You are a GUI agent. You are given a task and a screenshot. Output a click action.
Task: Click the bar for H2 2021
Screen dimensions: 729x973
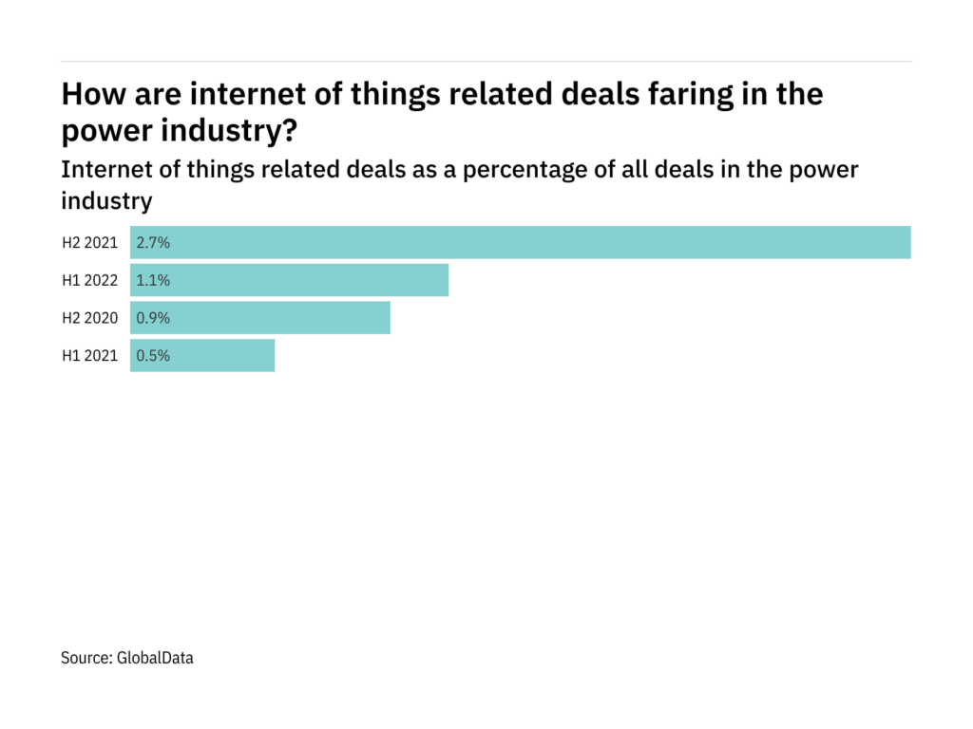tap(521, 242)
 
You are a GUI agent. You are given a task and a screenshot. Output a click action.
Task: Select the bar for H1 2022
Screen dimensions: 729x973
tap(289, 280)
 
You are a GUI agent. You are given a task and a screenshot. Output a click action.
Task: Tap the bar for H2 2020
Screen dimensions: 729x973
tap(260, 318)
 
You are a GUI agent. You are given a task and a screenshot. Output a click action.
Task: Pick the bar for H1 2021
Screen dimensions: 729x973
tap(202, 356)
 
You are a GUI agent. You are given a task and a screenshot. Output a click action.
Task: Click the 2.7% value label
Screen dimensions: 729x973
tap(153, 242)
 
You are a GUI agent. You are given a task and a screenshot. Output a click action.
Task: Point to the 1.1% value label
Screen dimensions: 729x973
tap(153, 280)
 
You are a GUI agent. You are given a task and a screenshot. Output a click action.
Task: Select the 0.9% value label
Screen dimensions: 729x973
tap(153, 318)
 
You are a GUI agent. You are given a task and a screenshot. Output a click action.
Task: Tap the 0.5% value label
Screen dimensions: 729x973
tap(153, 356)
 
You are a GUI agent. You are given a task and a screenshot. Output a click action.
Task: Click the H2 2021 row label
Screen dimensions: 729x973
tap(89, 242)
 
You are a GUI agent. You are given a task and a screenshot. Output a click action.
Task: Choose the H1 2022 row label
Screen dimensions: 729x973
tap(89, 280)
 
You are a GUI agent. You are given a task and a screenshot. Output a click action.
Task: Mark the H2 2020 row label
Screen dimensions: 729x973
tap(89, 318)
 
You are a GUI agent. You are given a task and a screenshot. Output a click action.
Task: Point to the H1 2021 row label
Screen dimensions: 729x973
tap(89, 356)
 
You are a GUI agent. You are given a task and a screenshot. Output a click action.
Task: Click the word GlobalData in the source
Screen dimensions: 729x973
tap(155, 657)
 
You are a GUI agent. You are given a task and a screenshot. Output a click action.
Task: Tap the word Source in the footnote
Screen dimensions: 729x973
tap(86, 657)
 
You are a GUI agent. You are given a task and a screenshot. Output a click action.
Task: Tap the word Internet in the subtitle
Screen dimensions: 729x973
tap(102, 170)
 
